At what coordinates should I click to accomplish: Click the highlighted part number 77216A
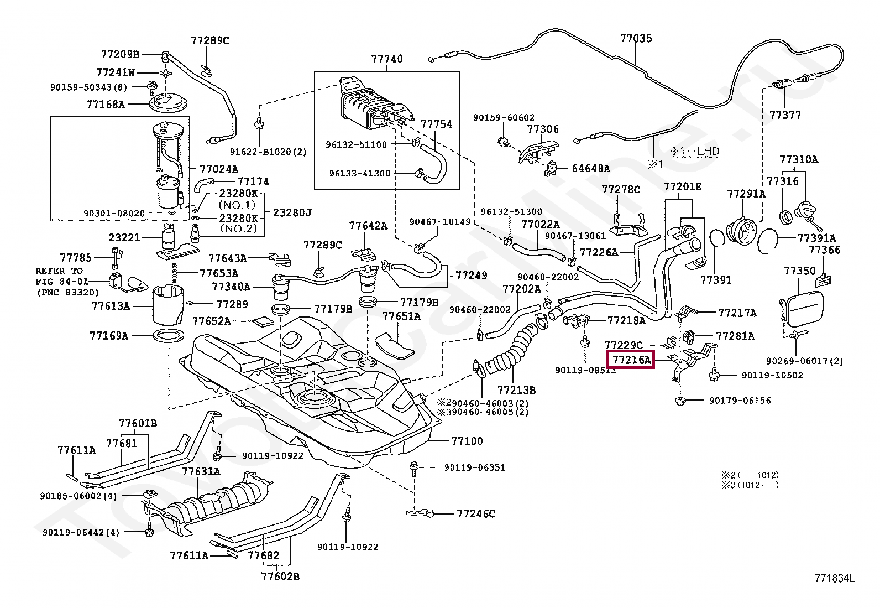coord(631,360)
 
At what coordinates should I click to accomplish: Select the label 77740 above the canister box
coord(387,59)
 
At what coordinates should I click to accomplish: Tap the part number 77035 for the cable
coord(636,39)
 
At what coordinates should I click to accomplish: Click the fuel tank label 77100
coord(467,441)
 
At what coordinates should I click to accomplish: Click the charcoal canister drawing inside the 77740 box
coord(375,104)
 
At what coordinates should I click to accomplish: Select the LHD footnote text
coord(695,152)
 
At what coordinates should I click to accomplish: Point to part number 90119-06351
coord(475,467)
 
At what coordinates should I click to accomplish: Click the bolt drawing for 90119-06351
coord(413,469)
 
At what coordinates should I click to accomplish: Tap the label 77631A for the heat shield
coord(201,471)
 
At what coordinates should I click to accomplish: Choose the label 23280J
coord(292,213)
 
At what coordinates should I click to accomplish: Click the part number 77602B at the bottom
coord(280,576)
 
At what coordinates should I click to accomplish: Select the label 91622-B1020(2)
coord(268,152)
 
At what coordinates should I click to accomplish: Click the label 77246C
coord(476,513)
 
